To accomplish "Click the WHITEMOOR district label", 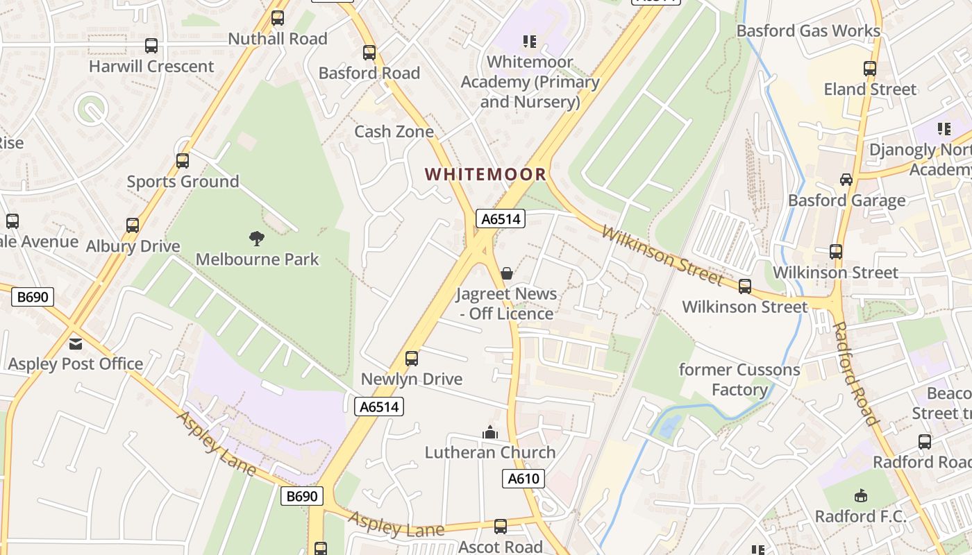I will pos(485,174).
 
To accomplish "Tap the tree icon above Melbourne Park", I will pos(257,239).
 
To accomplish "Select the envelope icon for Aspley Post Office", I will pos(75,343).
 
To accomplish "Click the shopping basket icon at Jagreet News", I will pos(507,273).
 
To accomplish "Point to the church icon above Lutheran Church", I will pos(490,432).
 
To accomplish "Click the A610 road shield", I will pos(523,479).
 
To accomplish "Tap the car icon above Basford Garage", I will pos(846,180).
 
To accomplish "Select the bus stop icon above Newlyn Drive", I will pos(412,359).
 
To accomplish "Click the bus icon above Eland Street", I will pos(870,69).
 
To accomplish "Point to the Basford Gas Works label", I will pos(808,31).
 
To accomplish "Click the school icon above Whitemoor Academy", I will pos(530,42).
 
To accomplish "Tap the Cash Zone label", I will pos(394,131).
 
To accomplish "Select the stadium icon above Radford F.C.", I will pos(860,495).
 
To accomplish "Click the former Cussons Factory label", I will pos(739,379).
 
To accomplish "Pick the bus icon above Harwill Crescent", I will pos(151,46).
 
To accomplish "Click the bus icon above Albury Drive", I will pos(133,225).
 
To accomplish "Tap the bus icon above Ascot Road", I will pos(500,527).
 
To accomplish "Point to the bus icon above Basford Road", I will pos(369,53).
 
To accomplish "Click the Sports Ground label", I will pos(183,182).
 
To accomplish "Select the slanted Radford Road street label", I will pos(855,373).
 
